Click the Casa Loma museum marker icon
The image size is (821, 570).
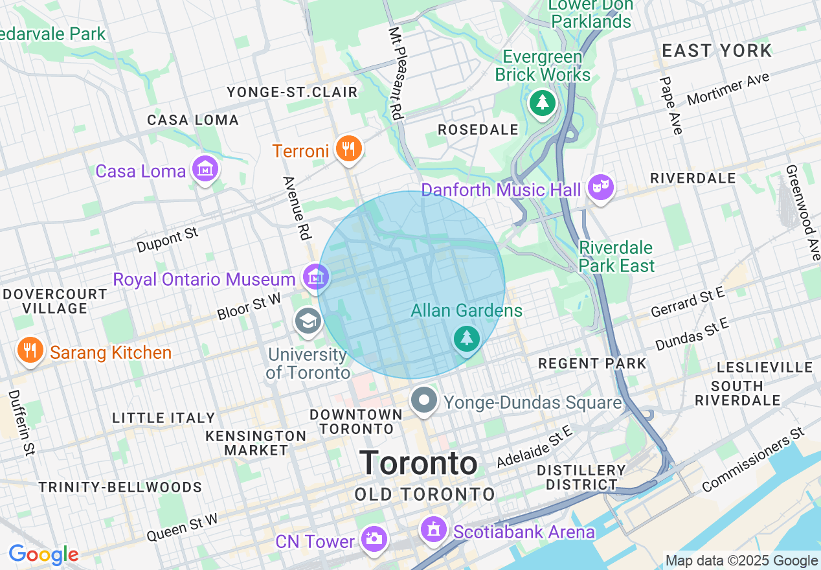[205, 170]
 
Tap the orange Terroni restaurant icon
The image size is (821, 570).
[348, 149]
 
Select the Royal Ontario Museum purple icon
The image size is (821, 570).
[315, 278]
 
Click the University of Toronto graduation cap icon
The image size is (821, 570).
[308, 321]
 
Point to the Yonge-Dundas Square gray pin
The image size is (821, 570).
[424, 400]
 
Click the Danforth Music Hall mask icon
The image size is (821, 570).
[600, 188]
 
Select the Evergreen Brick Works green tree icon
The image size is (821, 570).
[543, 102]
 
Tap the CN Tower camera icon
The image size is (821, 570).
[374, 538]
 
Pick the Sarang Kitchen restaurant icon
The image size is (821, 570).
[29, 350]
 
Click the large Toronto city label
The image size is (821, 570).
[419, 463]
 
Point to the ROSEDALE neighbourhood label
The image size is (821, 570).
[478, 130]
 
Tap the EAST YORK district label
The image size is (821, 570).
[717, 51]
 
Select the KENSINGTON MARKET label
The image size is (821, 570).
[256, 442]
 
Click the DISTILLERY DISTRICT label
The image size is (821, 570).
[581, 477]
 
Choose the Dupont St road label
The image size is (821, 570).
[168, 240]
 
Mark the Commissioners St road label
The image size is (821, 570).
[752, 459]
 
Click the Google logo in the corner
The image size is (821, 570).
[43, 554]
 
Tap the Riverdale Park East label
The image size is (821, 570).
[616, 256]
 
